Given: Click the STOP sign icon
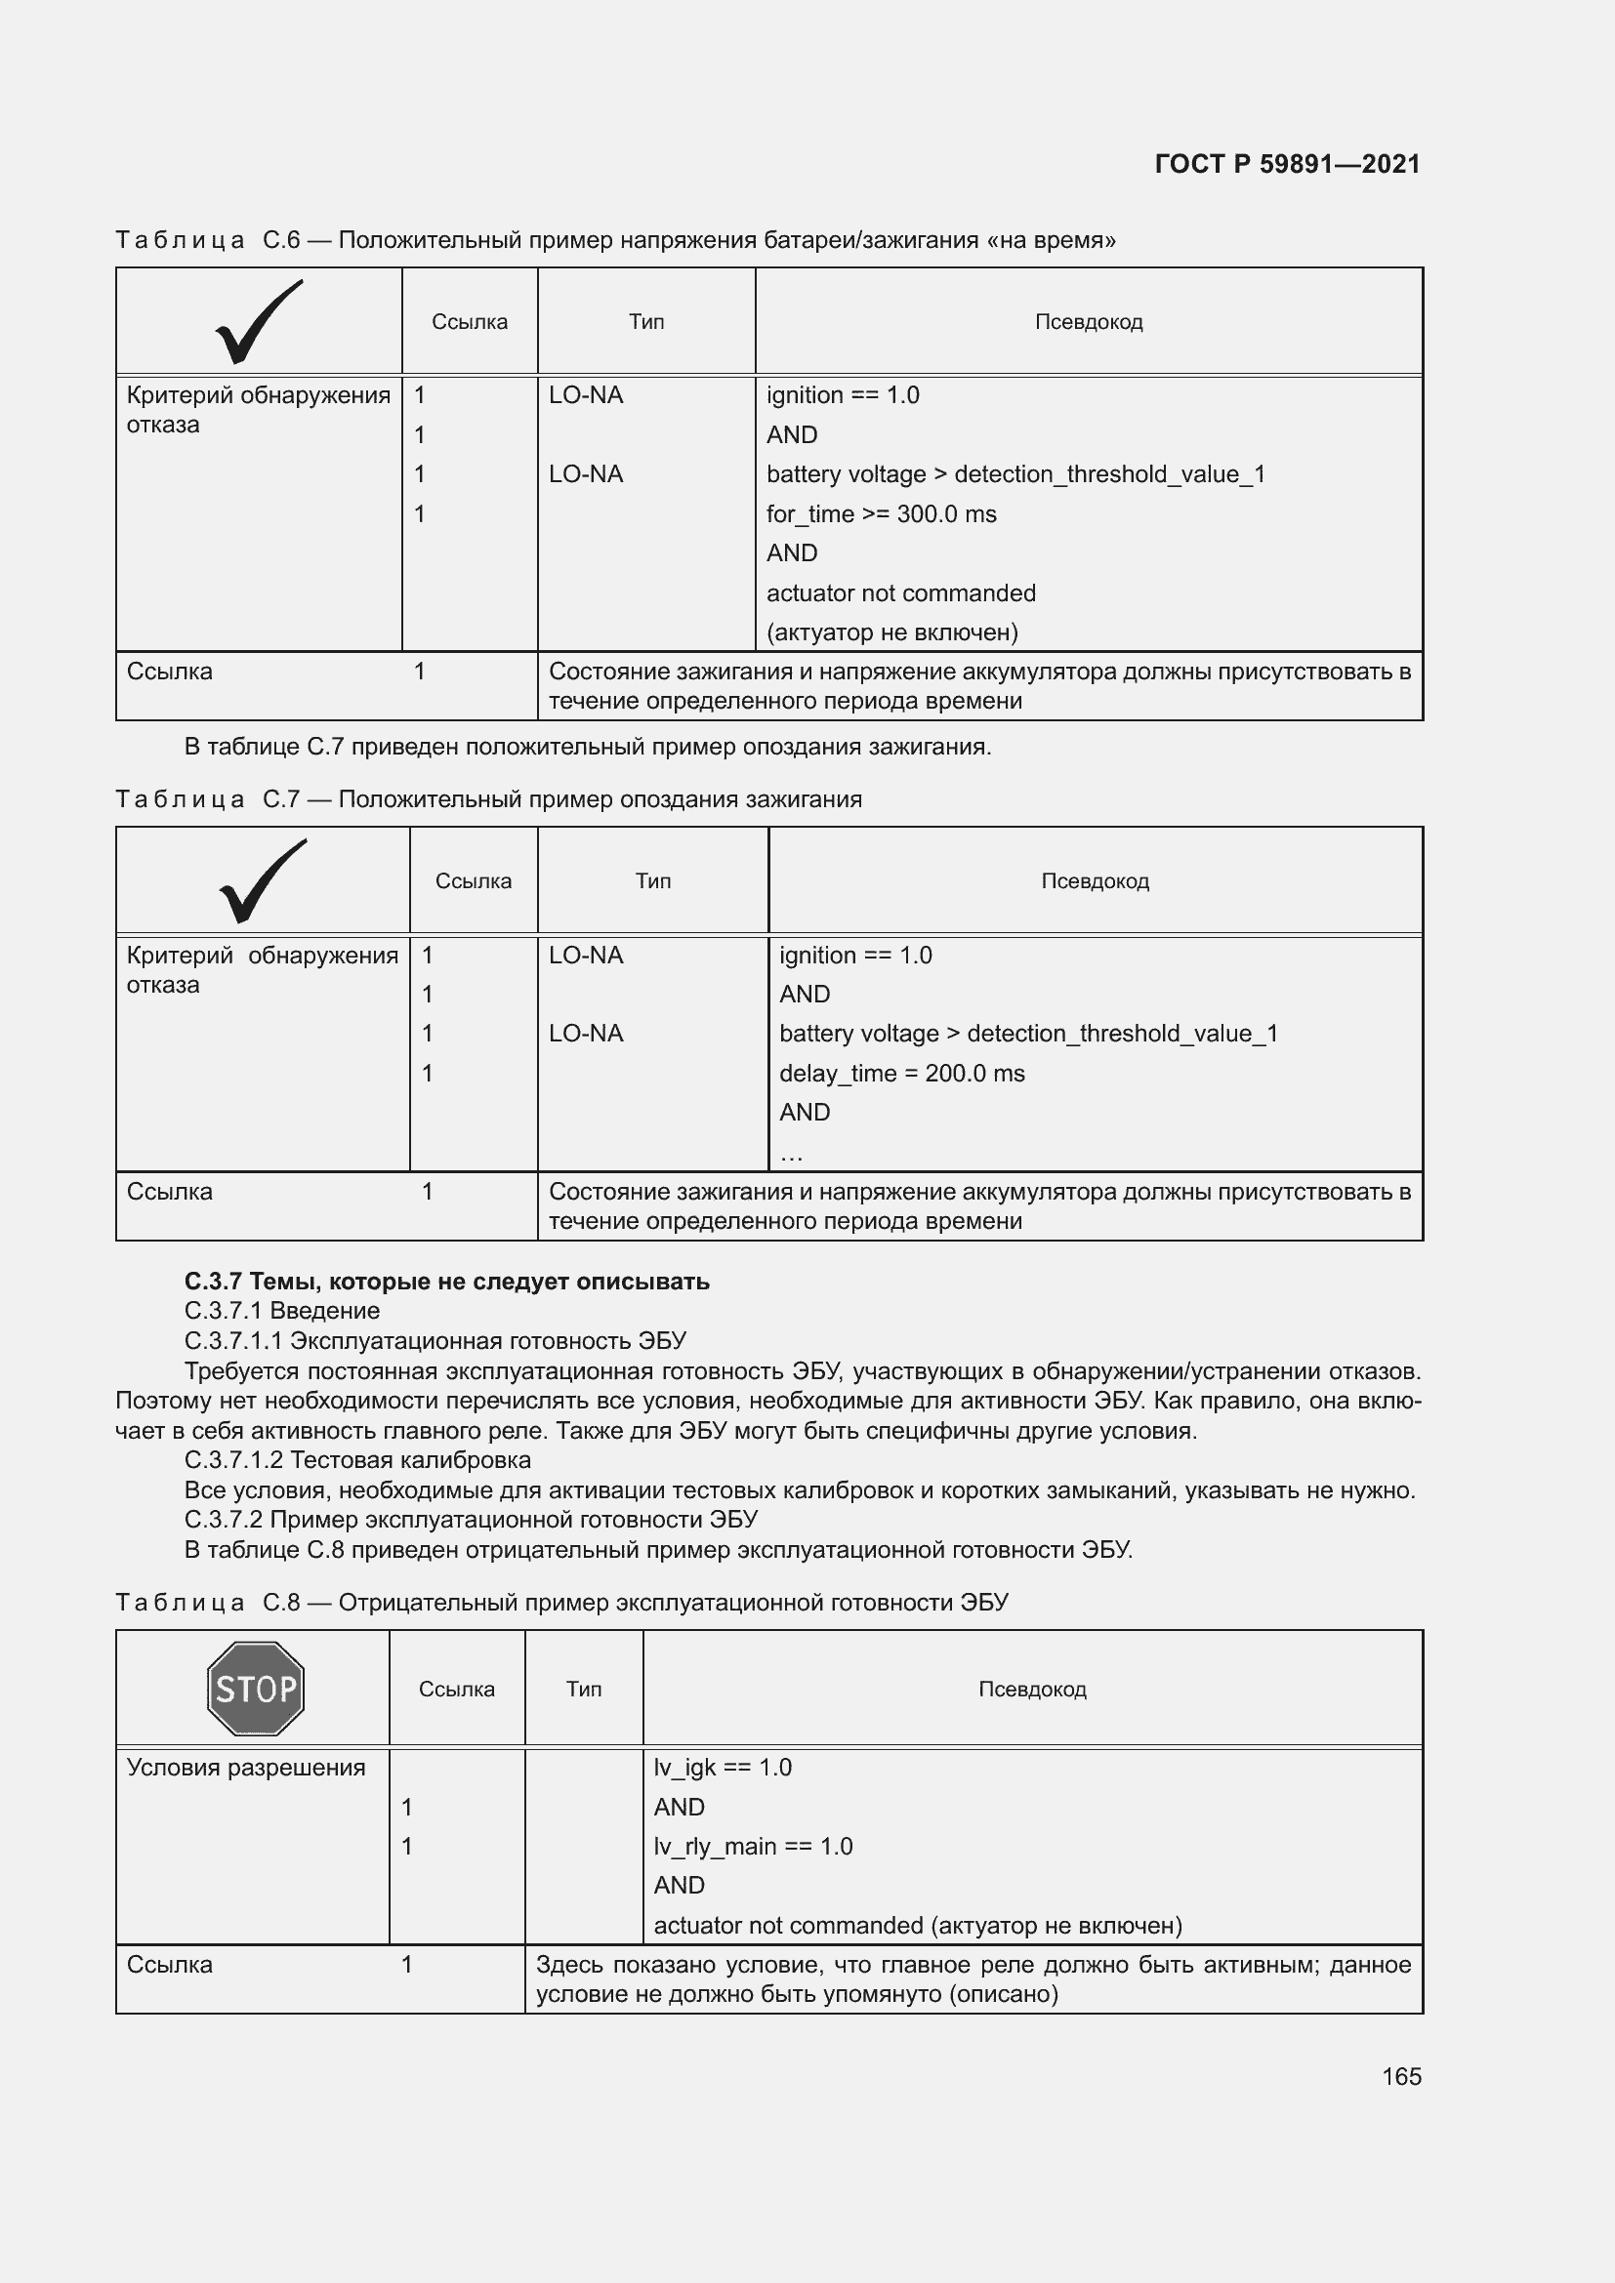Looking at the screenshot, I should pyautogui.click(x=256, y=1689).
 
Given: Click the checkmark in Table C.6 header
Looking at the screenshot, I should pyautogui.click(x=258, y=322).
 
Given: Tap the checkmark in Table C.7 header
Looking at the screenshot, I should pyautogui.click(x=262, y=881).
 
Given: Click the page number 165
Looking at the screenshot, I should pyautogui.click(x=1401, y=2076).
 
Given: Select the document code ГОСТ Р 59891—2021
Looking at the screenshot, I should pyautogui.click(x=1287, y=164).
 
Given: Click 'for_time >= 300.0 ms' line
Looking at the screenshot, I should pyautogui.click(x=881, y=514).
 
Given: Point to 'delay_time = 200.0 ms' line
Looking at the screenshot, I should pyautogui.click(x=901, y=1073).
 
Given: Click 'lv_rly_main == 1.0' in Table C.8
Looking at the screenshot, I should pyautogui.click(x=753, y=1847).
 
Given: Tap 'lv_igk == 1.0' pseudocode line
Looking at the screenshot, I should pyautogui.click(x=722, y=1767).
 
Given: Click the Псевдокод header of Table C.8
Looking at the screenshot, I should pyautogui.click(x=1032, y=1690).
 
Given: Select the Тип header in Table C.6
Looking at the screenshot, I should pyautogui.click(x=645, y=322).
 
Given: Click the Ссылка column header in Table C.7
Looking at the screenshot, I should pyautogui.click(x=474, y=881).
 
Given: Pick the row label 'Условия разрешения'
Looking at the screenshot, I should pyautogui.click(x=246, y=1767).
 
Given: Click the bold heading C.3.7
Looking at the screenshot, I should pyautogui.click(x=446, y=1281).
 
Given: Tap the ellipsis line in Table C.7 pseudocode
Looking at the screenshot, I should pyautogui.click(x=792, y=1154).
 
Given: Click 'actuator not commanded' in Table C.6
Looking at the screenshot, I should pyautogui.click(x=900, y=593).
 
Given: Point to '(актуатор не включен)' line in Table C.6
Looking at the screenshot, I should pyautogui.click(x=892, y=632).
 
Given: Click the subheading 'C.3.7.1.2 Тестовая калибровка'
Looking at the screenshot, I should pyautogui.click(x=357, y=1459).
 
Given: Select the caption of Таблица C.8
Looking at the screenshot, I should pyautogui.click(x=561, y=1603).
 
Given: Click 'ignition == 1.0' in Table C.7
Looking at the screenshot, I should pyautogui.click(x=855, y=956).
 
